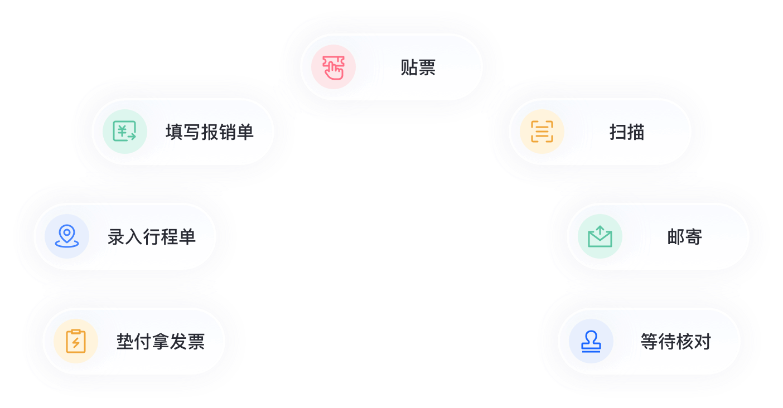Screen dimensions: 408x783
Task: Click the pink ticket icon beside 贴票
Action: click(333, 67)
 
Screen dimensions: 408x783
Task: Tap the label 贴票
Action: click(418, 67)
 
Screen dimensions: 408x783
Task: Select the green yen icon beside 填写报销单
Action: click(125, 132)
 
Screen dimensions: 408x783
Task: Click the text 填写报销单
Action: click(209, 132)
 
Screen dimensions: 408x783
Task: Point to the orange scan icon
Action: click(542, 132)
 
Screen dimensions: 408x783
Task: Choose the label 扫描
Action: click(626, 132)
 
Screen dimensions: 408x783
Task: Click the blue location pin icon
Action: click(67, 236)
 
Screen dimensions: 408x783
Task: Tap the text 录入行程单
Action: click(151, 237)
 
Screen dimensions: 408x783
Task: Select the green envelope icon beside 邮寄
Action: click(600, 236)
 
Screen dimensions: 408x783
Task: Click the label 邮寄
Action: click(684, 237)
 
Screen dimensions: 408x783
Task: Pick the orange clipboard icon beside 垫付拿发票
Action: click(76, 341)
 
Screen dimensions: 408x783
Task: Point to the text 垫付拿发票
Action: click(160, 342)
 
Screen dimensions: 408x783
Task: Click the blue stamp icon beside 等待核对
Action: click(591, 341)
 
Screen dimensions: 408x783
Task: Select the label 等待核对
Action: click(675, 342)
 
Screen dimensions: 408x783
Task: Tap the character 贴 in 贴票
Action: click(409, 67)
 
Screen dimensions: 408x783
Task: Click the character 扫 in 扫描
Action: click(618, 132)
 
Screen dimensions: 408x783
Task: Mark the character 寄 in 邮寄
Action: click(693, 237)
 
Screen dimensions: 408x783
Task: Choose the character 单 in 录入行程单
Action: click(187, 237)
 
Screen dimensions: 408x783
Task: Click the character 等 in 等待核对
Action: click(649, 342)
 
